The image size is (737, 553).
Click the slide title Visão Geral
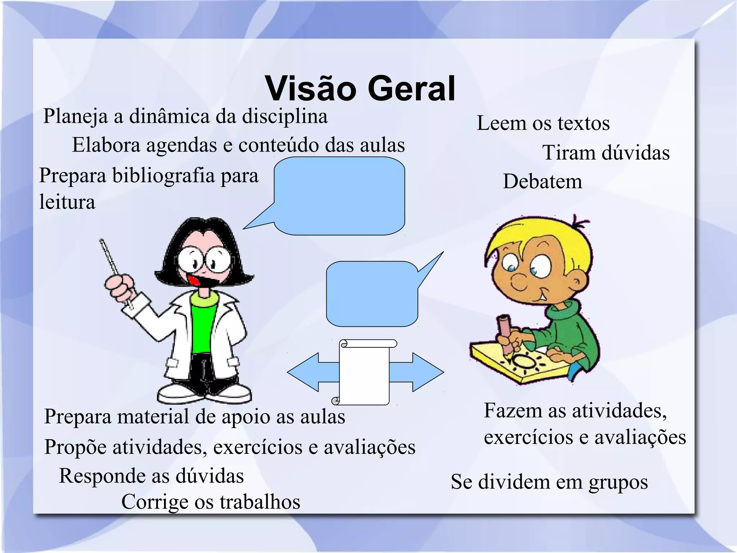point(360,89)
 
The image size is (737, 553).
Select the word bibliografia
point(163,176)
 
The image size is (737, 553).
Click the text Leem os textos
point(543,123)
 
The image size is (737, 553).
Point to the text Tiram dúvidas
point(606,153)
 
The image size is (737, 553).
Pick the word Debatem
point(542,181)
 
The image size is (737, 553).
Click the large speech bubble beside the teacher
point(339,196)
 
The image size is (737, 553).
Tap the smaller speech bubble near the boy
point(372,293)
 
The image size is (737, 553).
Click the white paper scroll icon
point(365,373)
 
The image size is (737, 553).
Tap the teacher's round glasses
point(204,260)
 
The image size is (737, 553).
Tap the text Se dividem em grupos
point(549,482)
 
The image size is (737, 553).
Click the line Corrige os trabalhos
point(211,502)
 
